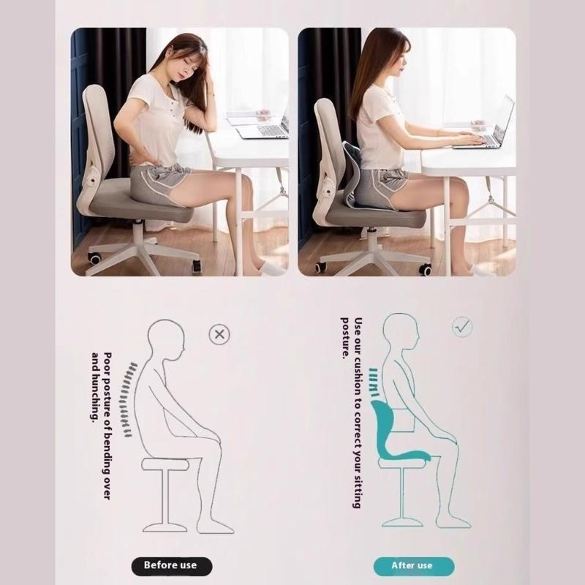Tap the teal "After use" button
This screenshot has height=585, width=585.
coord(412,565)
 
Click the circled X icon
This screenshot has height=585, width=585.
coord(219,335)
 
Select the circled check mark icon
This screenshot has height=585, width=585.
coord(461,326)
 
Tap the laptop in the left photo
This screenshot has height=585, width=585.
coord(263,129)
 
